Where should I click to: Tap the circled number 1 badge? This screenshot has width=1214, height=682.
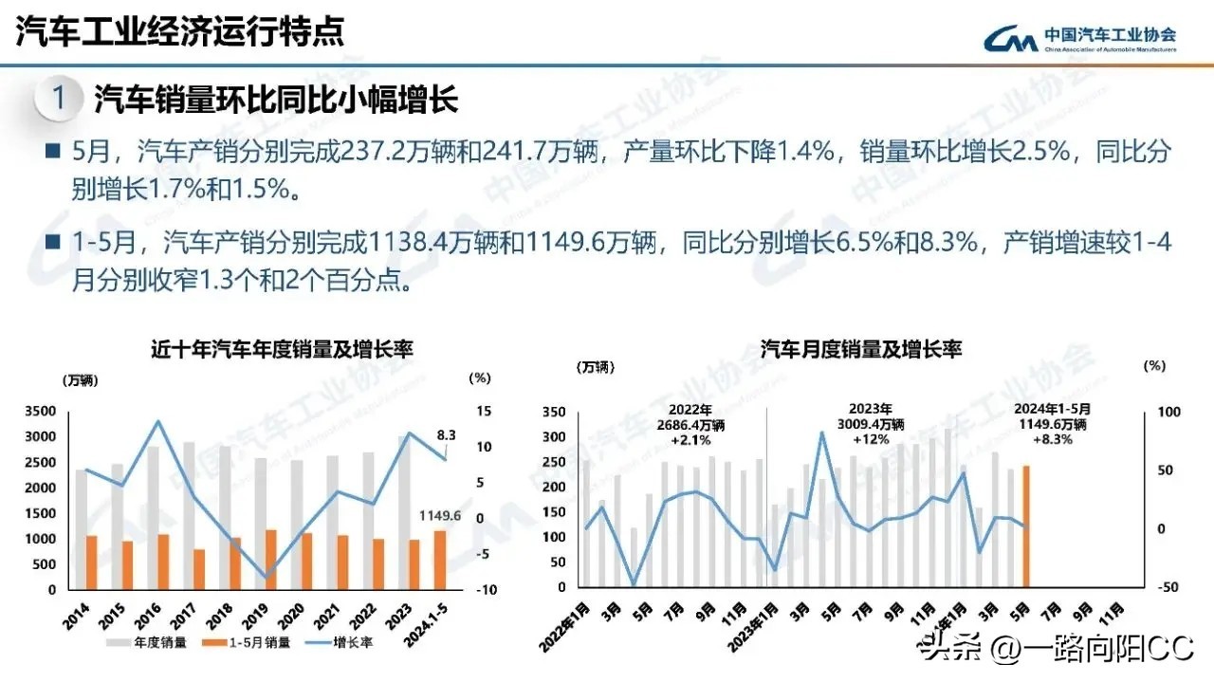pos(59,98)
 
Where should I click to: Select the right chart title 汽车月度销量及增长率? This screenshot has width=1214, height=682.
pos(862,349)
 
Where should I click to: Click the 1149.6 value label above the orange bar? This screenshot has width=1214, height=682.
pos(440,516)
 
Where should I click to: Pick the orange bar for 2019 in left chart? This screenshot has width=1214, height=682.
pos(272,560)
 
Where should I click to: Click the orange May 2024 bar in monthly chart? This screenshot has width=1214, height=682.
pos(1026,526)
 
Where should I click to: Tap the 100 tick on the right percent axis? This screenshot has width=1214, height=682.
pos(1165,412)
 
